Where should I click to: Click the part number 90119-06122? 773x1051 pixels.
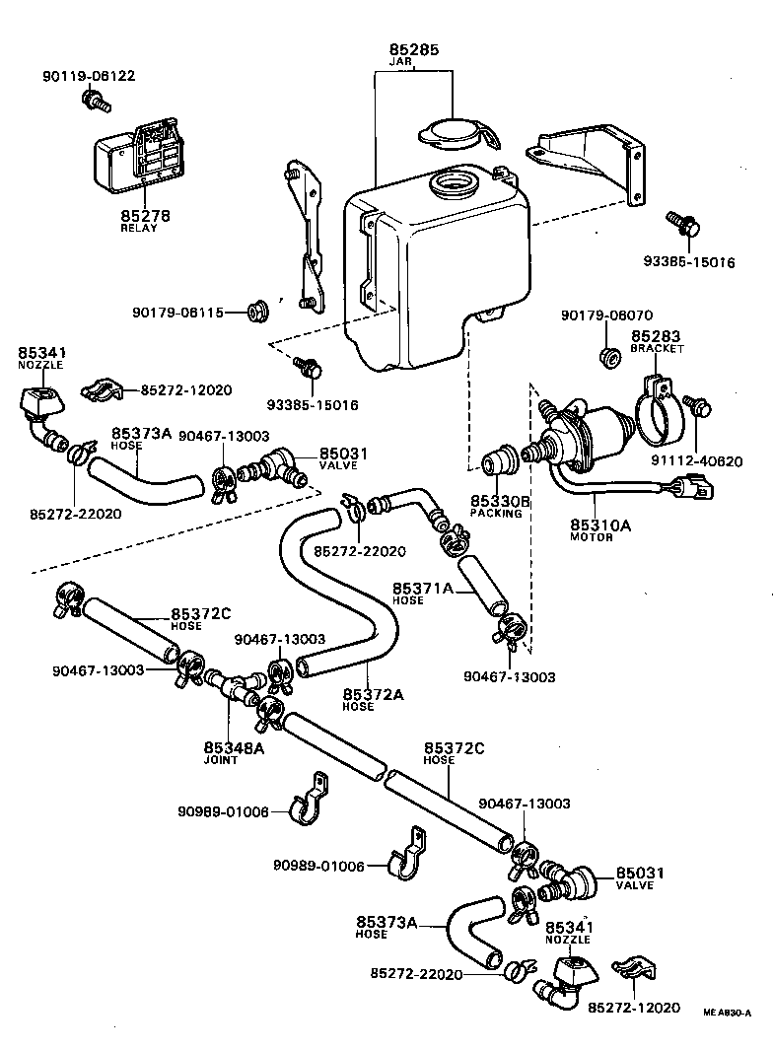(x=89, y=76)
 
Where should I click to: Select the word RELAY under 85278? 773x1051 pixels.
(x=138, y=228)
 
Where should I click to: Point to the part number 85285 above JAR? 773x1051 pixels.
(x=413, y=49)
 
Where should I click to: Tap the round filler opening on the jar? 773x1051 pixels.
(x=453, y=183)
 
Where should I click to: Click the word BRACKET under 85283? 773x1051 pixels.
(x=658, y=349)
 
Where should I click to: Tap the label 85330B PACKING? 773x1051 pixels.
(x=500, y=507)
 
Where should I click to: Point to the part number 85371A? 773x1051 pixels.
(x=423, y=589)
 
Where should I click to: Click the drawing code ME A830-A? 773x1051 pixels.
(x=728, y=1012)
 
